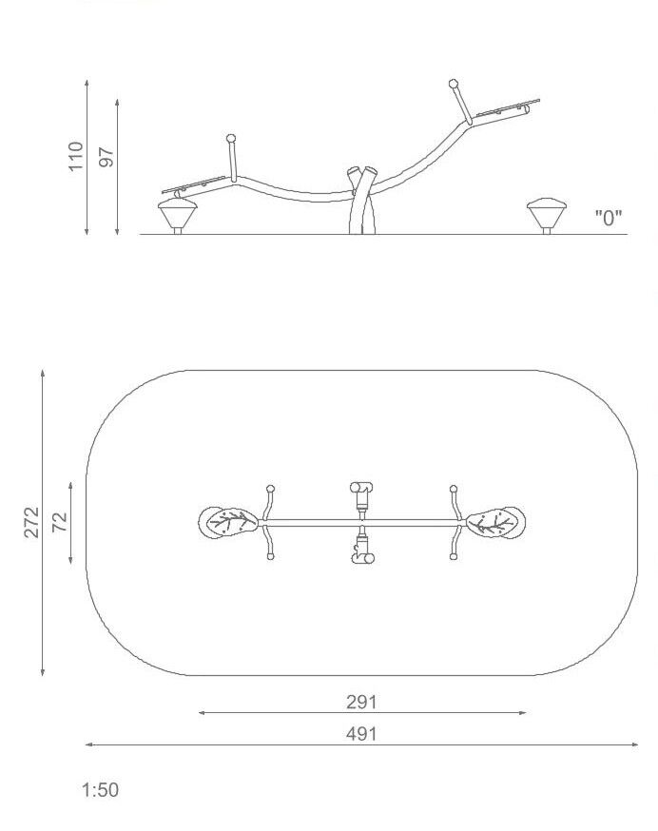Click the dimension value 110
(76, 156)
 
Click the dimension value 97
(106, 158)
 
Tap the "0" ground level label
(609, 218)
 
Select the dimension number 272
(31, 522)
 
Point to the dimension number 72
(61, 522)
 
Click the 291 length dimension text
(361, 702)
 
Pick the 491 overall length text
(361, 734)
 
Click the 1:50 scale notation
(100, 790)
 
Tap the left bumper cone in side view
(178, 214)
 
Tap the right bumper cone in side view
(547, 214)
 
